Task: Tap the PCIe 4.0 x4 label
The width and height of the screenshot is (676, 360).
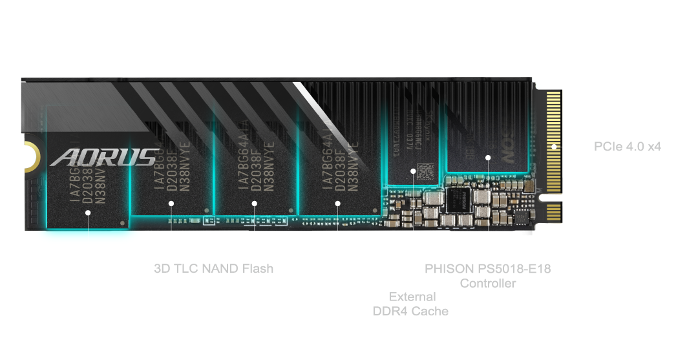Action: pos(627,147)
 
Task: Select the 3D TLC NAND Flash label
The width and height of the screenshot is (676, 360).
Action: pos(213,268)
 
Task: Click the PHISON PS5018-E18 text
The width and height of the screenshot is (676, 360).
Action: pos(487,268)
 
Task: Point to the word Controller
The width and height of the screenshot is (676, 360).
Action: pos(487,283)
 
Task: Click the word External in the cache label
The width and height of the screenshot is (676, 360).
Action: pos(412,297)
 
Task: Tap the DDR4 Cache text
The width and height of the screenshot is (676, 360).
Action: pos(410,311)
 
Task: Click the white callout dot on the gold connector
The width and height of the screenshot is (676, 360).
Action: pos(554,147)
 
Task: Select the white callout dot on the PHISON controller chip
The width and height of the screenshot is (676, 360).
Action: pos(488,157)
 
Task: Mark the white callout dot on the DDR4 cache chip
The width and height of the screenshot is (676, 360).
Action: pos(414,171)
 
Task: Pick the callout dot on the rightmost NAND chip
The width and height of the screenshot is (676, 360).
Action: pos(337,203)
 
